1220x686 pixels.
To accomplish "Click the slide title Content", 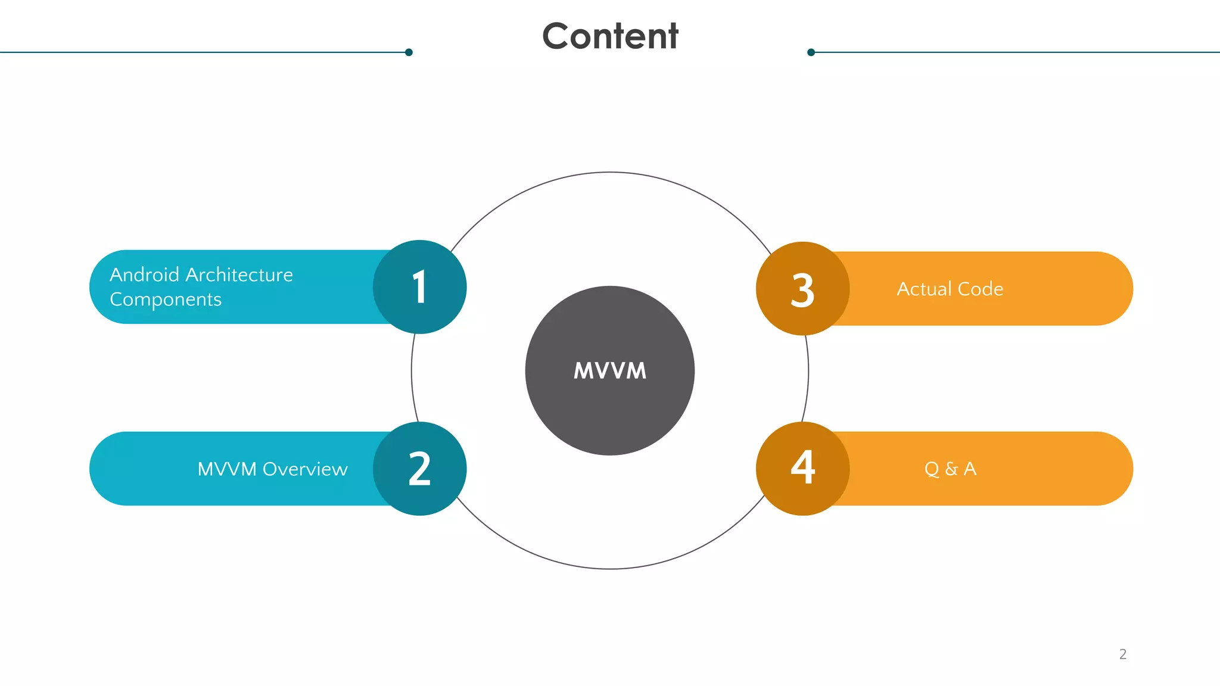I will pyautogui.click(x=610, y=36).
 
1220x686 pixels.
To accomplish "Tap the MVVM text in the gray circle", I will pyautogui.click(x=609, y=371).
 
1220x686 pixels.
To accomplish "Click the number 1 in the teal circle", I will pyautogui.click(x=420, y=287).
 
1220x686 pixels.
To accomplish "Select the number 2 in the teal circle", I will pyautogui.click(x=420, y=469).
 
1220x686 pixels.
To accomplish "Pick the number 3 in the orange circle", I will pyautogui.click(x=802, y=291).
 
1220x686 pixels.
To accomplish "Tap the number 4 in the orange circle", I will pyautogui.click(x=802, y=467).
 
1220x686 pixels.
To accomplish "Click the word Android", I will pyautogui.click(x=145, y=275).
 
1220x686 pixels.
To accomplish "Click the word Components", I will pyautogui.click(x=166, y=300).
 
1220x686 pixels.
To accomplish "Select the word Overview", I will pyautogui.click(x=305, y=469).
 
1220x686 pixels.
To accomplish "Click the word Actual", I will pyautogui.click(x=924, y=289).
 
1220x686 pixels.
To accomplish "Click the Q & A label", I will pyautogui.click(x=950, y=469).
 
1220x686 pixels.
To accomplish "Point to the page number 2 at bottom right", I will pyautogui.click(x=1122, y=654).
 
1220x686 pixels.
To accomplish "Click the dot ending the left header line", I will pyautogui.click(x=409, y=52).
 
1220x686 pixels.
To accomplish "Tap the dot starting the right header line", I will pyautogui.click(x=811, y=52).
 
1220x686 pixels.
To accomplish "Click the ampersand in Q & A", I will pyautogui.click(x=951, y=469).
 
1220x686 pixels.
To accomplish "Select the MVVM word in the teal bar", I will pyautogui.click(x=227, y=469).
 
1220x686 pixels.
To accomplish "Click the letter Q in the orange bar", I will pyautogui.click(x=932, y=469).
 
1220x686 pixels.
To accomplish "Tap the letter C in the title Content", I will pyautogui.click(x=556, y=36).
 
